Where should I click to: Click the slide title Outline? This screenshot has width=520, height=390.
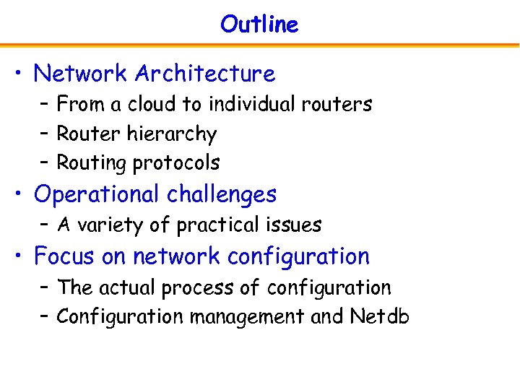(259, 24)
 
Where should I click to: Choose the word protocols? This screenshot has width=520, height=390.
(176, 163)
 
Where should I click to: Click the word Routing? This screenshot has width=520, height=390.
(92, 163)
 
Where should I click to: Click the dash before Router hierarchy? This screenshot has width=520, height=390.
(45, 134)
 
